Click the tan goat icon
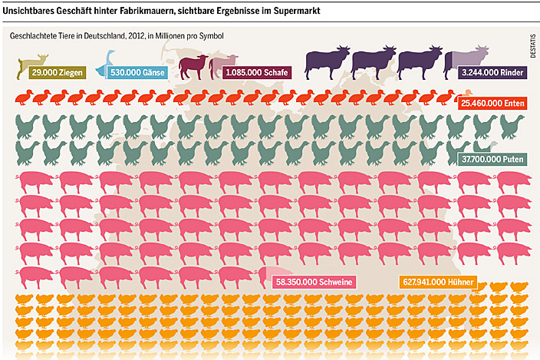(33, 61)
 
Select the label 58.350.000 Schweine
(313, 282)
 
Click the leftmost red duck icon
(23, 97)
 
